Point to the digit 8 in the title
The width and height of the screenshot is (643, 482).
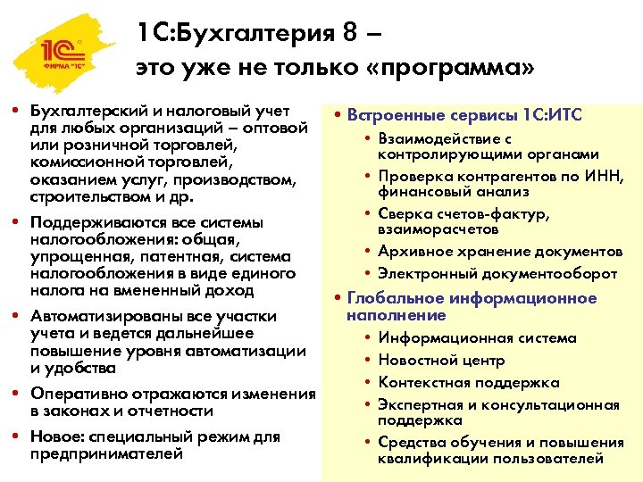[350, 34]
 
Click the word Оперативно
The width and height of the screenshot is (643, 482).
[72, 394]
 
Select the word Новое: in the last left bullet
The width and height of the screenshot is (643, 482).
[55, 436]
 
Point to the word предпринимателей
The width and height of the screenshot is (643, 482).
[106, 453]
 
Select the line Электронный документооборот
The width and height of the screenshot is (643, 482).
[497, 273]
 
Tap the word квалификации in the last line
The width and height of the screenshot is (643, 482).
[427, 459]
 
